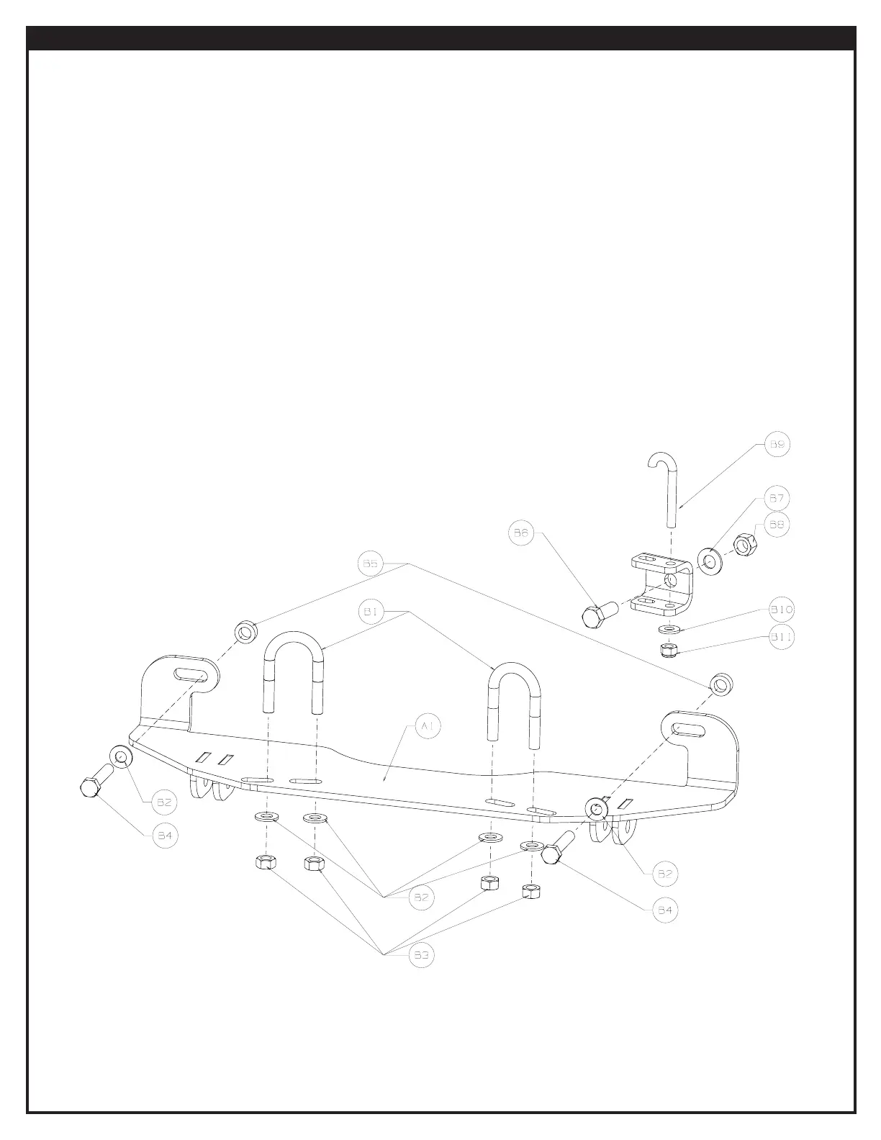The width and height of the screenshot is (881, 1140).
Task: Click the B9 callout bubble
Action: tap(777, 445)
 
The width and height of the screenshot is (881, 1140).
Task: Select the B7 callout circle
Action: tap(776, 498)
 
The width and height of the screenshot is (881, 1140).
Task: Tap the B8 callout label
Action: tap(776, 525)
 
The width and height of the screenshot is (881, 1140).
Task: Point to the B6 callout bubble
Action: tap(521, 533)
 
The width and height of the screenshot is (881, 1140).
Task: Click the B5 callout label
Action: tap(370, 564)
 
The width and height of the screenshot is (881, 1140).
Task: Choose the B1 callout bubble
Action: tap(370, 612)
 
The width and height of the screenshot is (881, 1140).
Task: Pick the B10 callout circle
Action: tap(782, 610)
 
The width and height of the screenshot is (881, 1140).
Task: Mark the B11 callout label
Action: tap(782, 636)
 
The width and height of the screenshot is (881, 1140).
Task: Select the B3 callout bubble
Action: tap(422, 955)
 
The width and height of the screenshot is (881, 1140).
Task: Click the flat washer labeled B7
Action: tap(710, 559)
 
